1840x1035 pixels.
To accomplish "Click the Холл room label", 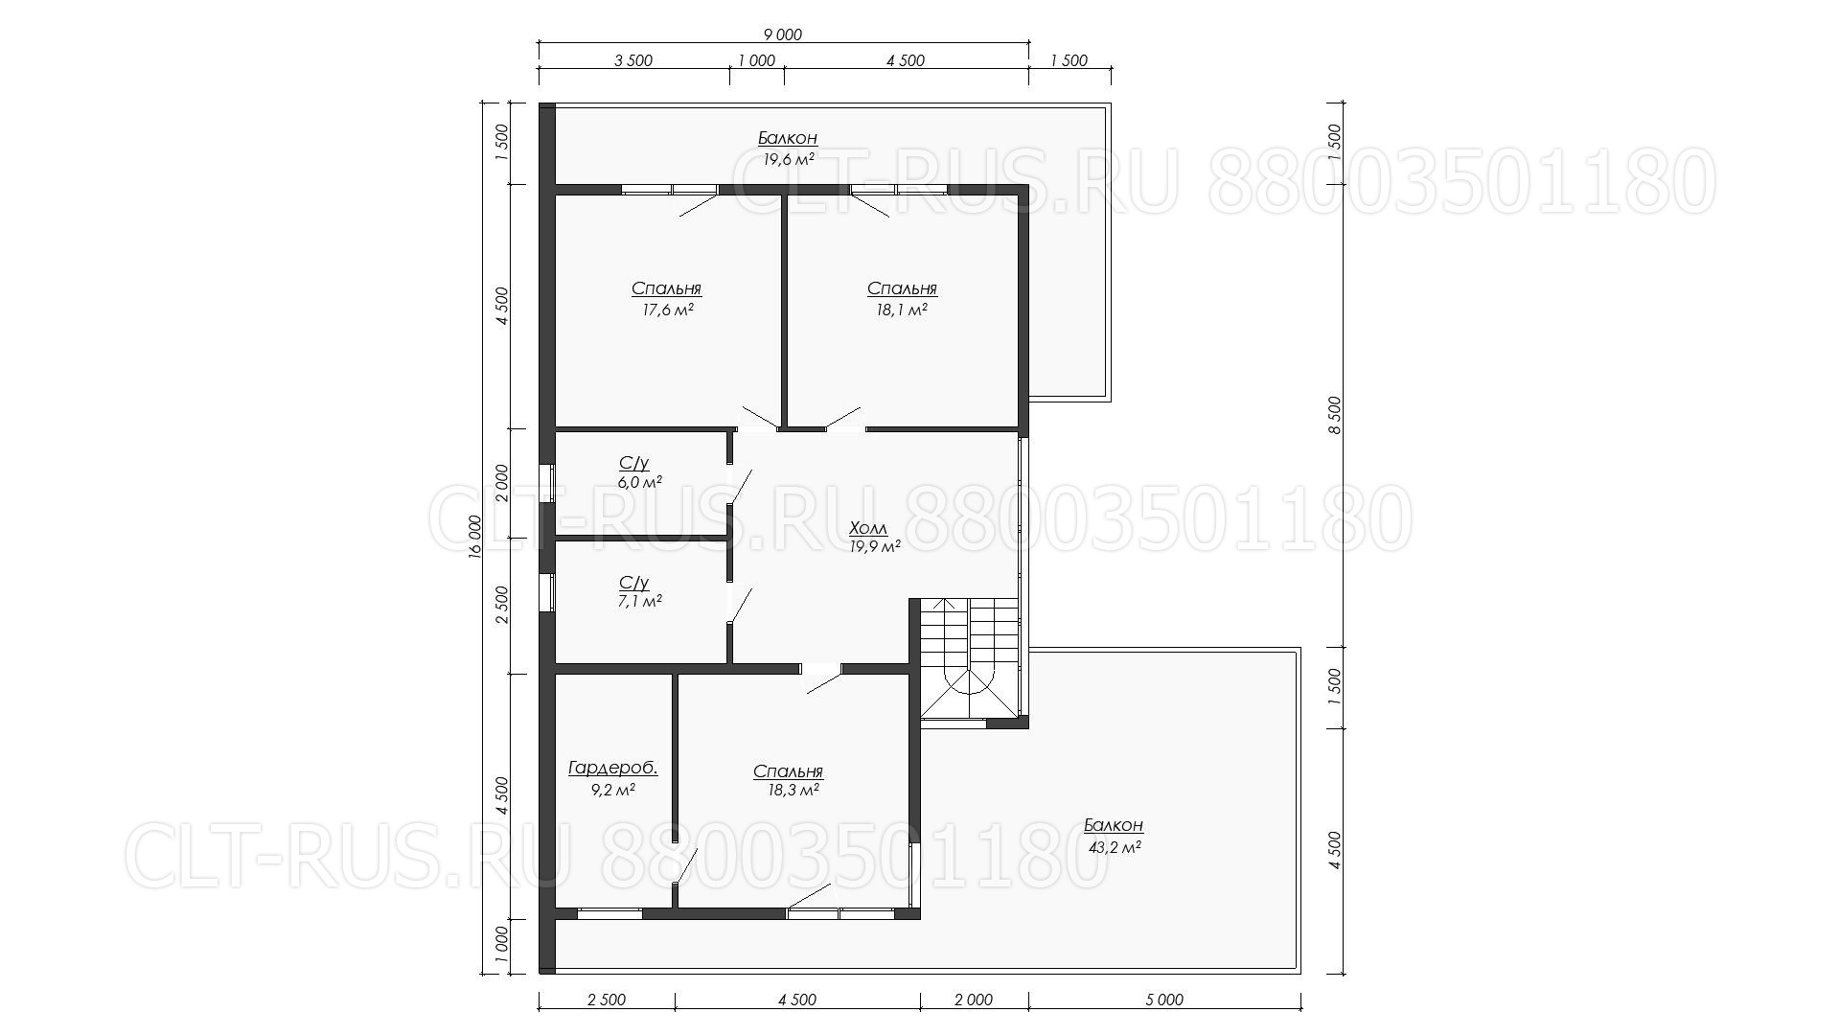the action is [868, 528].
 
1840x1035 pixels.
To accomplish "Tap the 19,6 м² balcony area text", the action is [789, 159].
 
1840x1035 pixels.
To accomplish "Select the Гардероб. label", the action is [612, 769].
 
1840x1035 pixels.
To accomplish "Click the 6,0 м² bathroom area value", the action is [639, 482].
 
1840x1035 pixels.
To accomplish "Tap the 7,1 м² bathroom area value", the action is [639, 602].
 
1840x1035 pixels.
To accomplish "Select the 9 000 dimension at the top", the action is [783, 34].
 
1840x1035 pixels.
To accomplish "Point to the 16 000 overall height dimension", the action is [475, 540].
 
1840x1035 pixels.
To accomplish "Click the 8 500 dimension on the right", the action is [1335, 415].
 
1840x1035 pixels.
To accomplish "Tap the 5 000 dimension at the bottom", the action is [1164, 1000].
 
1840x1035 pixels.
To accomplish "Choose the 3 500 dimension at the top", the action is [632, 60].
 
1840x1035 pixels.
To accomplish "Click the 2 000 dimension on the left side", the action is [502, 484].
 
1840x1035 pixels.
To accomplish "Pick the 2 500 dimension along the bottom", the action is [606, 1000].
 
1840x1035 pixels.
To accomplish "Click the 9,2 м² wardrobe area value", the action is [612, 791].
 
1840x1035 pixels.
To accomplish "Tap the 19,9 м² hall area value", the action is [874, 547].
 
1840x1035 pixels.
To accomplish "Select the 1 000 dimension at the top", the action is [756, 60].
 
